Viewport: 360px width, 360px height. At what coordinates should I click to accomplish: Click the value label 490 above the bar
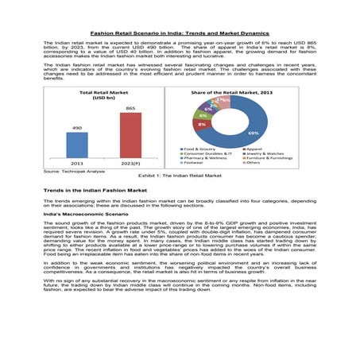(x=77, y=127)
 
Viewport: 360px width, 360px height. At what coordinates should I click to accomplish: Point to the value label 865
(x=130, y=108)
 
